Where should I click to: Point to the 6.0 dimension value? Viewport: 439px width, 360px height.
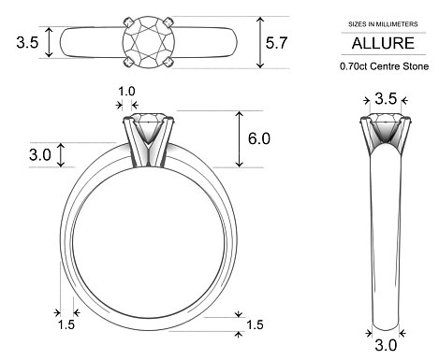(x=258, y=138)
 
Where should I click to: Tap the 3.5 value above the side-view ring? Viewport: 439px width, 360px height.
(x=385, y=98)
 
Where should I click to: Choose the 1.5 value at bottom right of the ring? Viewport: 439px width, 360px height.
(x=255, y=324)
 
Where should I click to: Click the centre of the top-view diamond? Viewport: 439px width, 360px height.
(x=148, y=42)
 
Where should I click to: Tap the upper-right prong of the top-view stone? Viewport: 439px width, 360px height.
(x=169, y=22)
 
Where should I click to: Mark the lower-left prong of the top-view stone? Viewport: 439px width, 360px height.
(x=126, y=63)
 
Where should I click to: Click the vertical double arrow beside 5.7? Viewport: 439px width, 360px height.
(x=259, y=42)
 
